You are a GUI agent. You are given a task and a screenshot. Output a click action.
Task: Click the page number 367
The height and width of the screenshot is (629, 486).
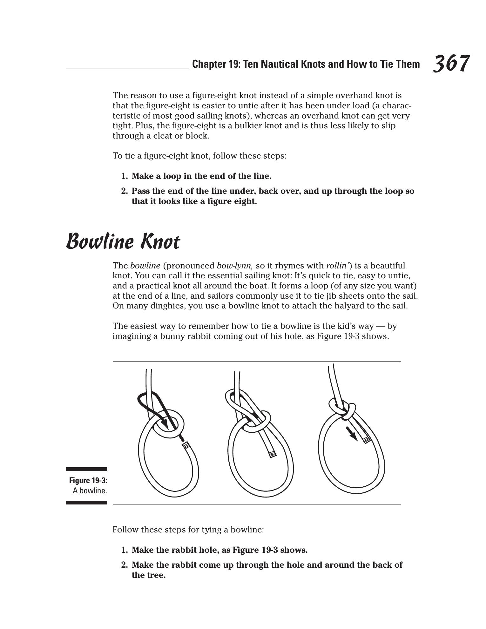tap(451, 64)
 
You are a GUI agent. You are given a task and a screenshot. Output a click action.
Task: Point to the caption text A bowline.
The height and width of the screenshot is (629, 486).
tap(90, 490)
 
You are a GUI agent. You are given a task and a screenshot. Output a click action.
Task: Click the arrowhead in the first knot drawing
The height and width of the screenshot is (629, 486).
tap(165, 423)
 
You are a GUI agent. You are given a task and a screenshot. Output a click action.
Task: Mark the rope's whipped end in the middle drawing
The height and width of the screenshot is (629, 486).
tap(272, 454)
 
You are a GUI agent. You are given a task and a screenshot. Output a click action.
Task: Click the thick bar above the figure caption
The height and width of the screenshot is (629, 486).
tap(86, 469)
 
